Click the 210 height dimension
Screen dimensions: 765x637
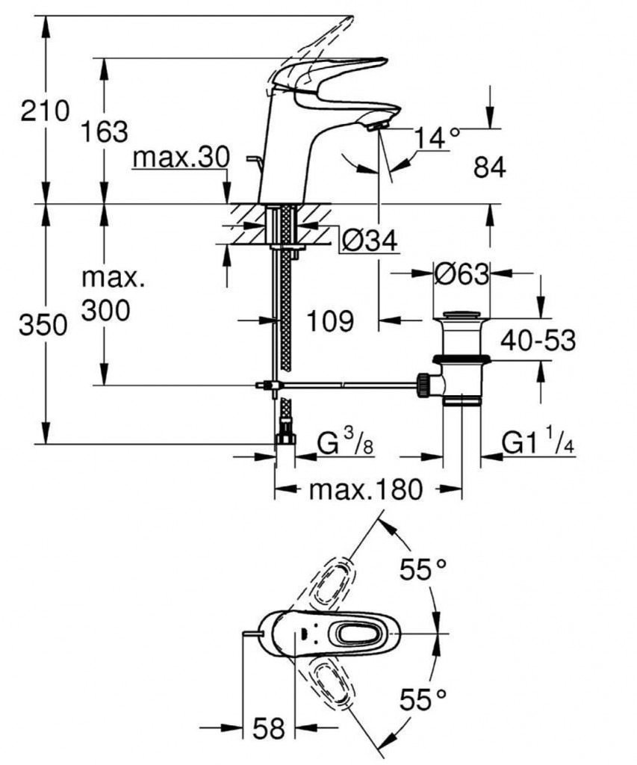(46, 111)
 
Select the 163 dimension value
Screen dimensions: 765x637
(104, 131)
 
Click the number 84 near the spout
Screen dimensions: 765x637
(490, 168)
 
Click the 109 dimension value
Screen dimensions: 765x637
(329, 321)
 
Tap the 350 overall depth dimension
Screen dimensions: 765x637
(44, 326)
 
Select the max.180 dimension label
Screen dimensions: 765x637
(366, 491)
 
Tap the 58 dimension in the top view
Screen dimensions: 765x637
(269, 729)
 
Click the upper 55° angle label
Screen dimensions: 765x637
(426, 571)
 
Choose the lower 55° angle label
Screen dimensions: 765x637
(426, 700)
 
